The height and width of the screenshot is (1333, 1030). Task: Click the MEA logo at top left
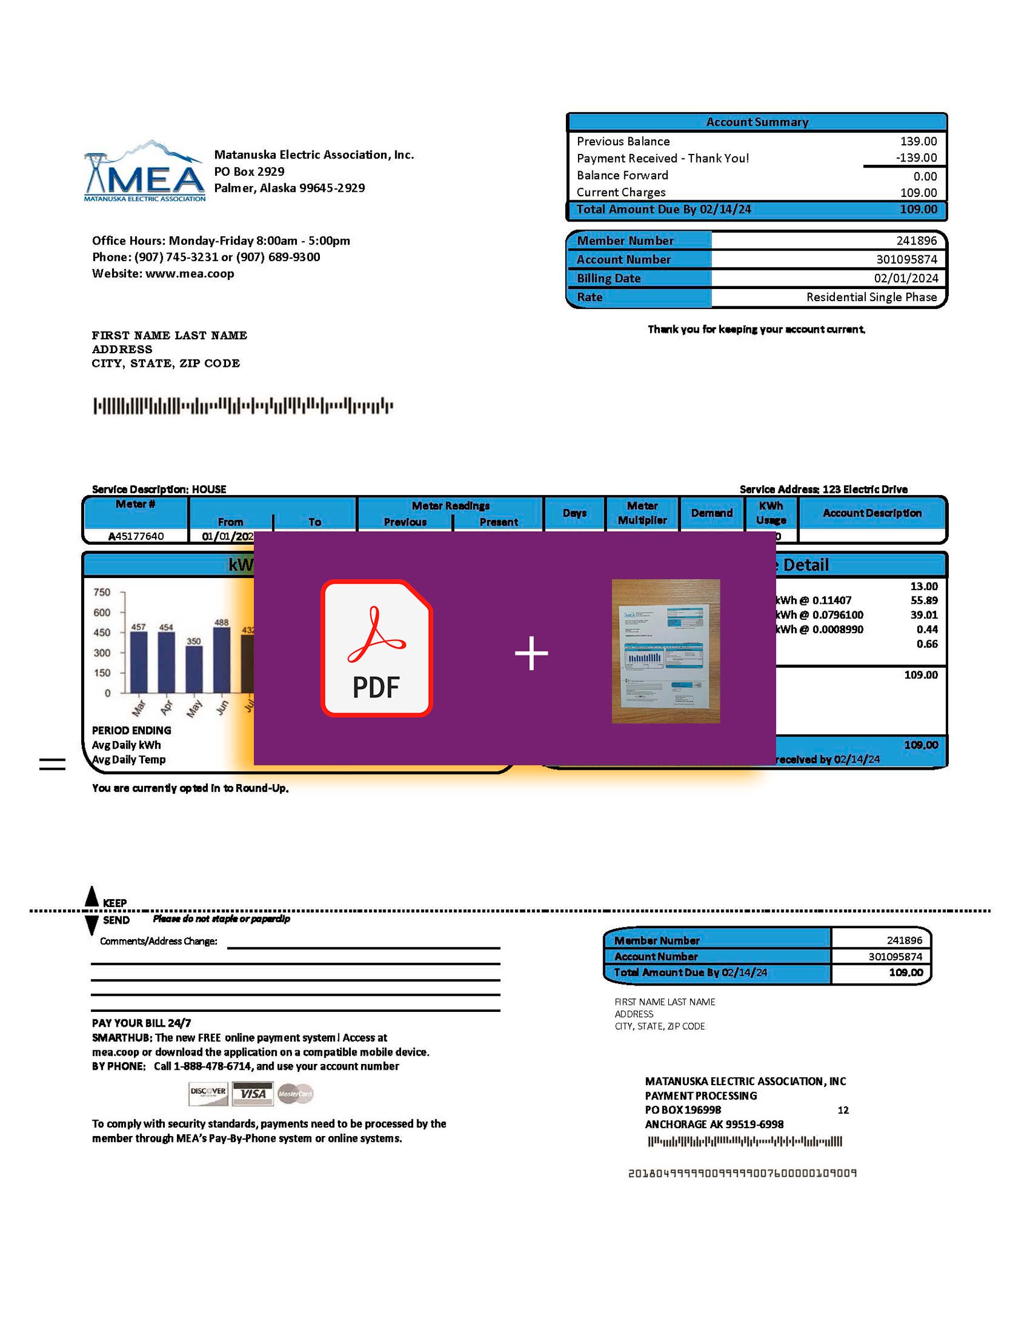pos(145,172)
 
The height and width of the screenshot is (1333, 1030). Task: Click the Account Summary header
pos(756,122)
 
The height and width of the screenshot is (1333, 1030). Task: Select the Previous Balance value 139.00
pos(918,141)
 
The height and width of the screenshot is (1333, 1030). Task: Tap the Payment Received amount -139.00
pos(916,157)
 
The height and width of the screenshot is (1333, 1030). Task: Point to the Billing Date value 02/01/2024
pos(905,278)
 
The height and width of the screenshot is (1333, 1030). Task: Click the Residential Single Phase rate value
pos(871,297)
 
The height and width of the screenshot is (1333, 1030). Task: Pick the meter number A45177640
pos(136,536)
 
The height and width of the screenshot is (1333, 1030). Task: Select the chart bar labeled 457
pos(138,662)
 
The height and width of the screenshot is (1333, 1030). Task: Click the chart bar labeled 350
pos(194,669)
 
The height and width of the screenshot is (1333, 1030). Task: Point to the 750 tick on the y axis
pos(102,592)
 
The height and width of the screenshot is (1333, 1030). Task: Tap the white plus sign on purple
pos(531,654)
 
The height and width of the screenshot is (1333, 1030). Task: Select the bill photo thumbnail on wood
pos(665,651)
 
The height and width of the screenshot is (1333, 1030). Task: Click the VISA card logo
pos(252,1094)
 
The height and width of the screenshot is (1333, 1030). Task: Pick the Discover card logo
pos(208,1094)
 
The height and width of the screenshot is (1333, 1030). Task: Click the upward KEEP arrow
pos(92,895)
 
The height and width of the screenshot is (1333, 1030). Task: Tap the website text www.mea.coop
pos(189,274)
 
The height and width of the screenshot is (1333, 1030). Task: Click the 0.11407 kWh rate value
pos(831,600)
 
